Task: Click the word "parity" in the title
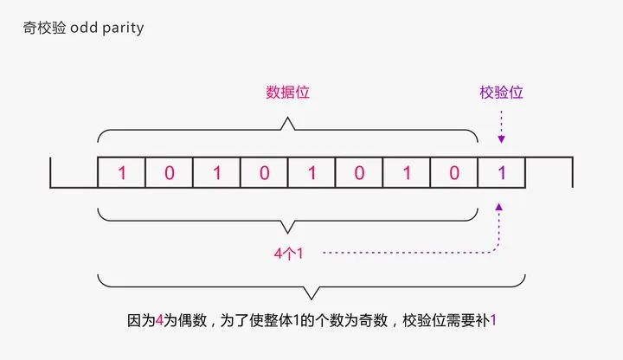123,28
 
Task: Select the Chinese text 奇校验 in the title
43,28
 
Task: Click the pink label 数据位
287,92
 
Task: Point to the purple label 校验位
501,92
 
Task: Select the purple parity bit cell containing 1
501,172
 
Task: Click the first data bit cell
122,172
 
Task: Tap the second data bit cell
170,172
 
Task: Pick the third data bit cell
217,172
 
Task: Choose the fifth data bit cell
311,172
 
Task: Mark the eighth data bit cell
454,172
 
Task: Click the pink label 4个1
286,253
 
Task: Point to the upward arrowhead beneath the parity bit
500,208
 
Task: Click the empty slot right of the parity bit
549,172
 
